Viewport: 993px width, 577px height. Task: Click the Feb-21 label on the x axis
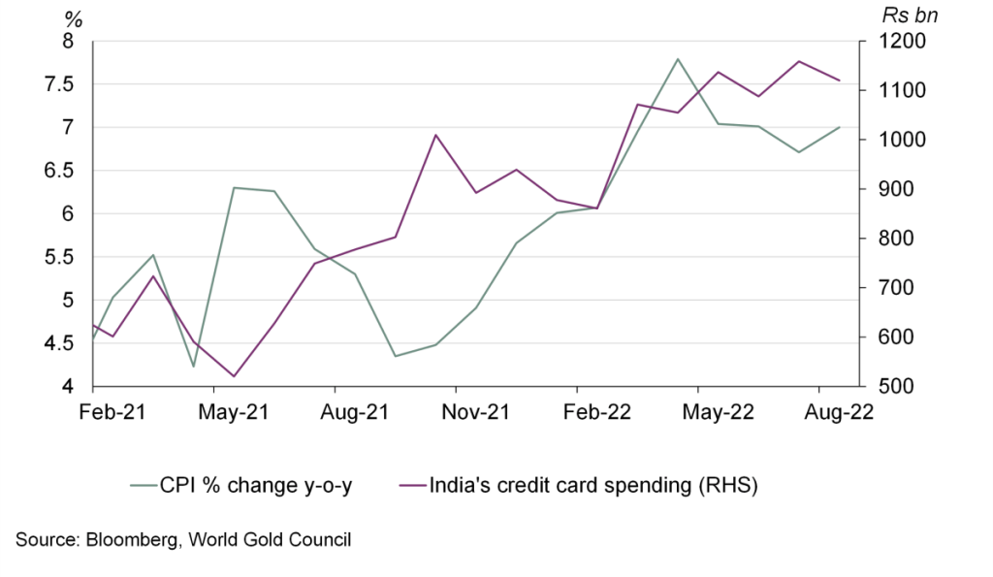pos(112,412)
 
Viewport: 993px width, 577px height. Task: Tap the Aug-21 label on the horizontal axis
pos(355,412)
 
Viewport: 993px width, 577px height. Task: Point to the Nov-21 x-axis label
pos(476,412)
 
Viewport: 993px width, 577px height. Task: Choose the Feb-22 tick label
pos(598,412)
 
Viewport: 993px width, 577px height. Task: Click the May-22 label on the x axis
pos(718,412)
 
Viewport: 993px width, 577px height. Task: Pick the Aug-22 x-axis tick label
pos(840,412)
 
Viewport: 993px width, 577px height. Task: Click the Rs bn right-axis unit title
pos(909,15)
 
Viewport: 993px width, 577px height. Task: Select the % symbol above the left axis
pos(73,16)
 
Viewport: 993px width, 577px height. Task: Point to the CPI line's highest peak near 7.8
pos(678,59)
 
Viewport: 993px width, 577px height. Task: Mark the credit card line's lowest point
pos(234,376)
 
